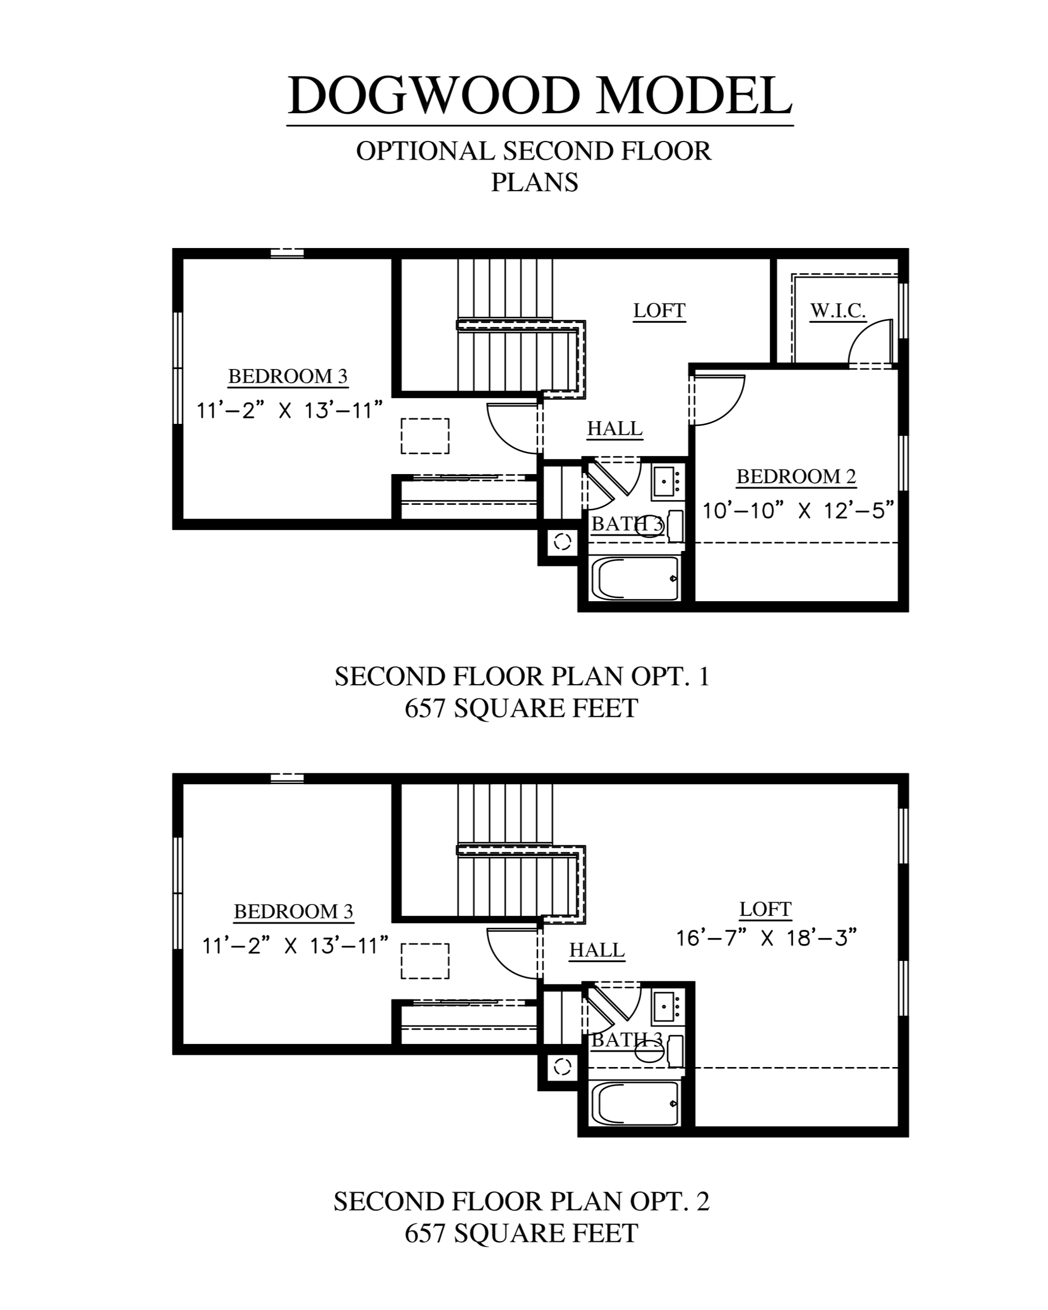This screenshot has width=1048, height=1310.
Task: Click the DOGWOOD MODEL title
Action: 540,95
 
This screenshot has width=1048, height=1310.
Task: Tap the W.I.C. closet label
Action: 838,311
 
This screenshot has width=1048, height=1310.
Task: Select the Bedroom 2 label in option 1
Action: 796,476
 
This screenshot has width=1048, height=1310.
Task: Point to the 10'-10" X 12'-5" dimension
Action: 798,510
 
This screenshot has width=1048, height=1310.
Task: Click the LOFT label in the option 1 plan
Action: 659,311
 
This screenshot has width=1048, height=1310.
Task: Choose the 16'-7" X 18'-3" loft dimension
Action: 766,938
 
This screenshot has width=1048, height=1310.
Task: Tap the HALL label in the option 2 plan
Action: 597,950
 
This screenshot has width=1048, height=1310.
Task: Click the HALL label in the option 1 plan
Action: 615,428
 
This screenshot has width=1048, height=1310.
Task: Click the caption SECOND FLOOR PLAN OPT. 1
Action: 522,676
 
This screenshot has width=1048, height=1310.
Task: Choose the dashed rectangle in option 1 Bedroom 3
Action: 425,436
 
